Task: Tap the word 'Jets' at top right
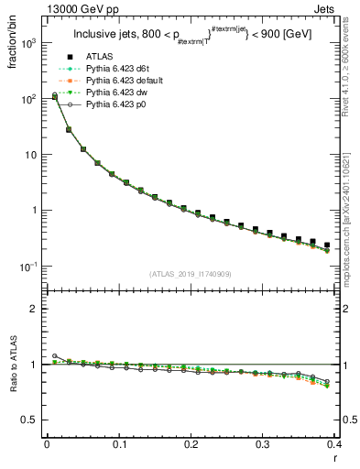tap(325, 8)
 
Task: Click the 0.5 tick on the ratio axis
tap(29, 420)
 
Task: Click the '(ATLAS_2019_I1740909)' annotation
tap(191, 274)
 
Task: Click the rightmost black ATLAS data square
tap(327, 245)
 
